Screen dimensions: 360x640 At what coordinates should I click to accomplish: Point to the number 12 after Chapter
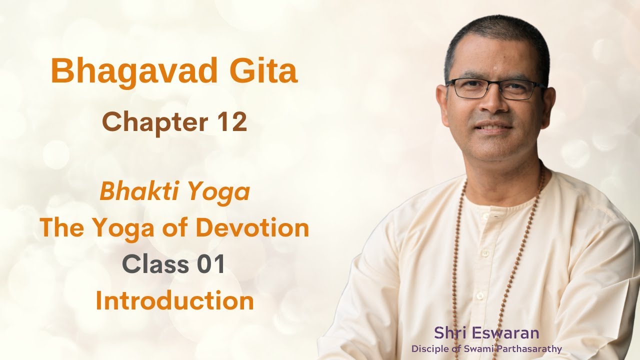point(231,122)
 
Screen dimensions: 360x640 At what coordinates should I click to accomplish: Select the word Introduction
point(174,301)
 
